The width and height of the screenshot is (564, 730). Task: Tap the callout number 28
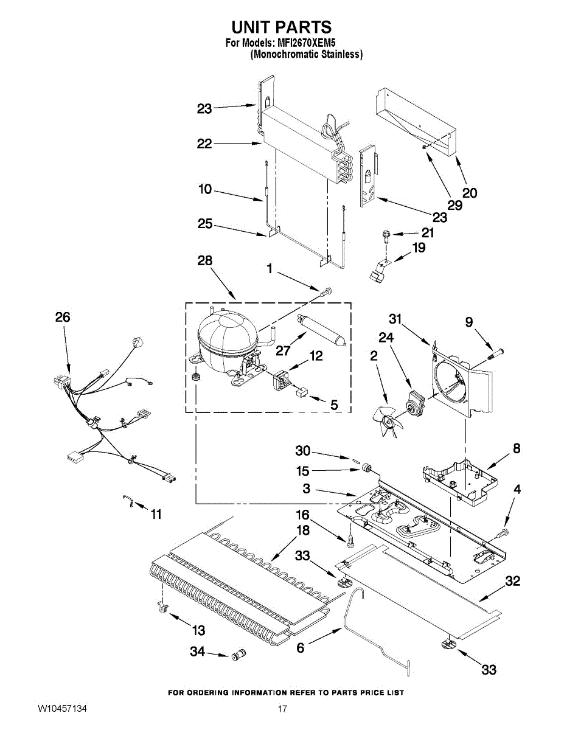pyautogui.click(x=205, y=260)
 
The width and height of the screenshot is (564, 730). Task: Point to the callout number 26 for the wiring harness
pyautogui.click(x=63, y=317)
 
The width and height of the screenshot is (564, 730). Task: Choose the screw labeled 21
pyautogui.click(x=385, y=236)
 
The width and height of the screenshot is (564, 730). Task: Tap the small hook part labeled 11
pyautogui.click(x=128, y=501)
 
